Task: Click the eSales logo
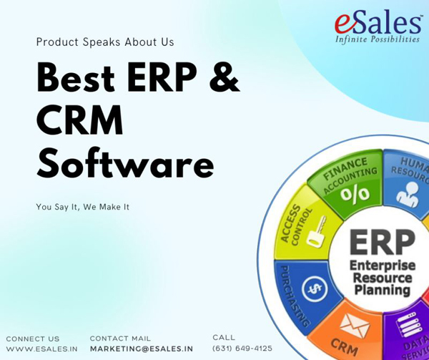coord(378,26)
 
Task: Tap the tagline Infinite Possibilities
coord(378,39)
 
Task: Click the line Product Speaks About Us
coord(105,42)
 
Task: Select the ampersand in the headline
coord(225,77)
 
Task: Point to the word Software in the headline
coord(126,163)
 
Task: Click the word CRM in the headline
coord(79,120)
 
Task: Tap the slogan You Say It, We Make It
coord(83,207)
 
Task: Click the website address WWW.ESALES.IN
coord(42,349)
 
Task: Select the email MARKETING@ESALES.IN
coord(142,349)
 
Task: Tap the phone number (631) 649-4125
coord(242,349)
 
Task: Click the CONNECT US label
coord(33,339)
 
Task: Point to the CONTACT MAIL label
coord(120,339)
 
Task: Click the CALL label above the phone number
coord(224,337)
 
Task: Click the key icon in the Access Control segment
coord(317,230)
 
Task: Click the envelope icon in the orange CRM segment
coord(355,326)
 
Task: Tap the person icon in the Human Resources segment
coord(408,194)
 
